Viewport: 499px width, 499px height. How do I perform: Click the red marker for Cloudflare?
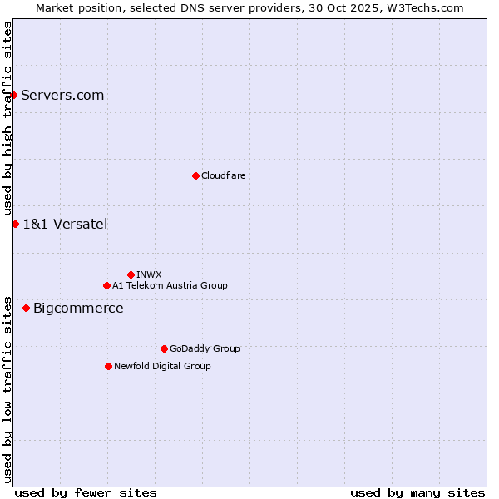195,175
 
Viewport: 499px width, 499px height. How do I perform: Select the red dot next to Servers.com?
13,95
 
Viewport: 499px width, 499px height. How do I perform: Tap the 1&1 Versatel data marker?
15,224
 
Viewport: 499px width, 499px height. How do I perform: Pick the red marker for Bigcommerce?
26,309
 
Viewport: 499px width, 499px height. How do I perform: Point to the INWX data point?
131,274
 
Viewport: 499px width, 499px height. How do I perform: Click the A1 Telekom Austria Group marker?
106,285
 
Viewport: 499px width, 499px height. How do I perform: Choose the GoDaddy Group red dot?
164,348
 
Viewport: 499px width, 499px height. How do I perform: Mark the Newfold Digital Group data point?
108,366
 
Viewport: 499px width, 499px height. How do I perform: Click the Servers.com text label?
62,95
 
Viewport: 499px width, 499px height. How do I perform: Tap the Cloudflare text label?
223,175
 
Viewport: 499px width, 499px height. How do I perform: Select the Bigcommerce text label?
78,309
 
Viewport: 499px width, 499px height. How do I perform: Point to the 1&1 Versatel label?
65,224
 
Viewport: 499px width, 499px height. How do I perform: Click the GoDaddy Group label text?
205,348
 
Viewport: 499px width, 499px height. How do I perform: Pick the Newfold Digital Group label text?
162,366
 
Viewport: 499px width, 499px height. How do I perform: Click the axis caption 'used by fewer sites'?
86,492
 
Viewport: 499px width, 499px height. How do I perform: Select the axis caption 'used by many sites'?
417,492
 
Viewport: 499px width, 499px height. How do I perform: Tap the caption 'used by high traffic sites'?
7,119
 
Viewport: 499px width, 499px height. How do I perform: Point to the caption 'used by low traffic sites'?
7,388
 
